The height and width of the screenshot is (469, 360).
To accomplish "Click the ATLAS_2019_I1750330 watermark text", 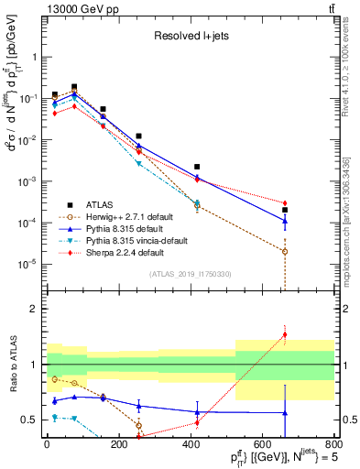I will (x=190, y=274).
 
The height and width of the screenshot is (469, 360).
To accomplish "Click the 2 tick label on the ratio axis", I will (x=37, y=309).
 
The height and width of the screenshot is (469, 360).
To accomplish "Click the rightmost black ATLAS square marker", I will (x=285, y=210).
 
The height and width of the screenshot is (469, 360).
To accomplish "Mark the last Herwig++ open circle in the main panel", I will (x=285, y=251).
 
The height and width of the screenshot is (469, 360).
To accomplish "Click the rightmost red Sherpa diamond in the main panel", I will (x=285, y=202).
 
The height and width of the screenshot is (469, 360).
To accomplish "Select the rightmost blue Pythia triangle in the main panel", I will (x=285, y=220).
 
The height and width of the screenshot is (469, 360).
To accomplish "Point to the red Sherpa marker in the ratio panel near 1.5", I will (x=285, y=334).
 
